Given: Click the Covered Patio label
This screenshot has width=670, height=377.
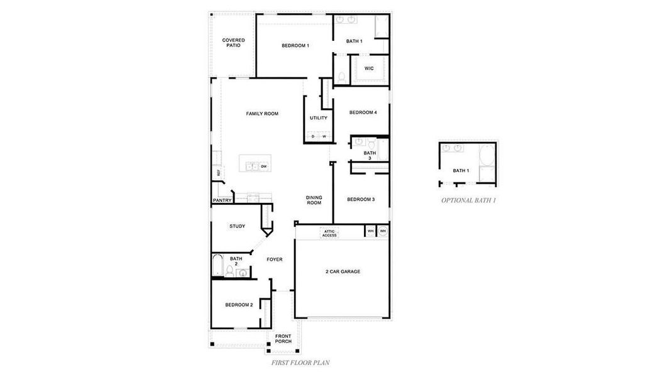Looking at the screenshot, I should (x=233, y=43).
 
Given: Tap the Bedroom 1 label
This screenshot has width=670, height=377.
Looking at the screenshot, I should (x=295, y=45).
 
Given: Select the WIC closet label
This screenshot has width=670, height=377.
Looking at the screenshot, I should (x=369, y=68).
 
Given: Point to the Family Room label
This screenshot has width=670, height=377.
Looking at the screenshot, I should (x=262, y=114).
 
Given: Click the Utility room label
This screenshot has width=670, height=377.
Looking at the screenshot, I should (x=318, y=117).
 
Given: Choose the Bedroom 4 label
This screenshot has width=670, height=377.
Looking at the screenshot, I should (x=363, y=112).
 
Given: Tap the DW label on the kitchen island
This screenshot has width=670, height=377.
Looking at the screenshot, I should (x=264, y=167).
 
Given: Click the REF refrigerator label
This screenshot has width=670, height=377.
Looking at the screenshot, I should (x=219, y=172).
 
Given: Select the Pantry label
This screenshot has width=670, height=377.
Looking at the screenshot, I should (x=222, y=200).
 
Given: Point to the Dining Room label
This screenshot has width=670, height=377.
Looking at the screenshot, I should (x=314, y=200).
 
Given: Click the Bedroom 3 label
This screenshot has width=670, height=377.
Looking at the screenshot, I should (x=361, y=199).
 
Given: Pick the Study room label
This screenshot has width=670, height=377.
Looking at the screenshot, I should (x=237, y=226).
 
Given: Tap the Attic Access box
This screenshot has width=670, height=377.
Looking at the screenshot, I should (x=329, y=233).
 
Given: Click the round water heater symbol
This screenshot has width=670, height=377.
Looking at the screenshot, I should (x=382, y=231).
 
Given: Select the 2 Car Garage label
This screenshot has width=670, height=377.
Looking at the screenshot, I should (x=343, y=271).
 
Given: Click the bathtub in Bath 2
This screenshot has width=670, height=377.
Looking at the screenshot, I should (x=217, y=265).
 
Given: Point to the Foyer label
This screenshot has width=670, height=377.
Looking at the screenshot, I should (x=274, y=259).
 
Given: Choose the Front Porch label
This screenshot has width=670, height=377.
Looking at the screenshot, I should (x=283, y=339).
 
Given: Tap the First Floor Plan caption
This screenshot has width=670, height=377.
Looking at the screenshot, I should (x=300, y=363).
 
